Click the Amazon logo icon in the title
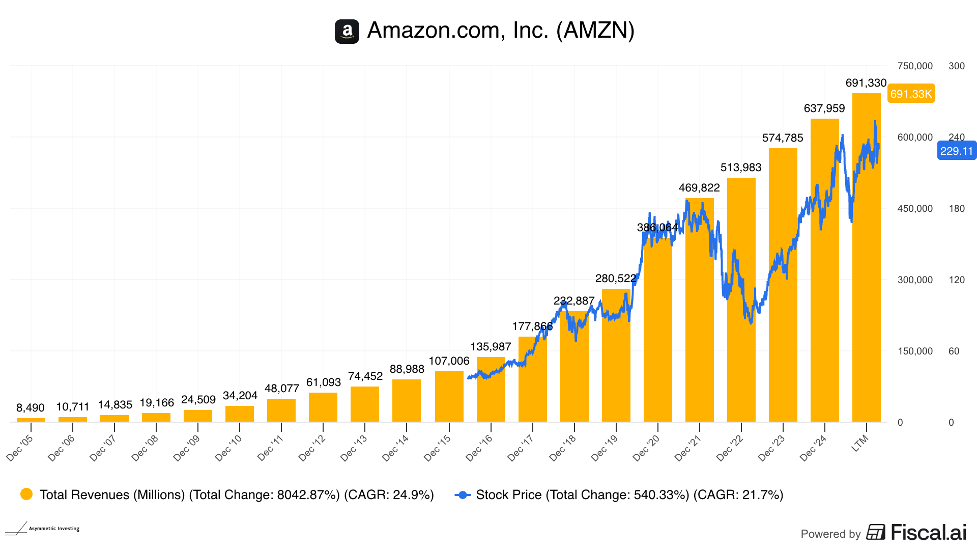[x=347, y=32]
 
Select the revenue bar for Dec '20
[x=657, y=331]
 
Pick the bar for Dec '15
[x=449, y=397]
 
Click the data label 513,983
[x=741, y=168]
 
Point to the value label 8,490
[x=31, y=408]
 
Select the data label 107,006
[x=449, y=361]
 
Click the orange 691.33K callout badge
[x=911, y=94]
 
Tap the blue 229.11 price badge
[x=956, y=151]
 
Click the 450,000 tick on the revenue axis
[x=915, y=209]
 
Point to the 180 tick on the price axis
[x=956, y=209]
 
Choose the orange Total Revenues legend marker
[x=26, y=494]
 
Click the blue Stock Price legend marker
[x=463, y=495]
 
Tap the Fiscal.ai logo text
[x=928, y=533]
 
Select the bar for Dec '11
[x=281, y=410]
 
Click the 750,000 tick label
[x=915, y=66]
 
